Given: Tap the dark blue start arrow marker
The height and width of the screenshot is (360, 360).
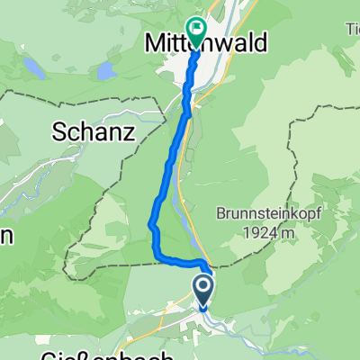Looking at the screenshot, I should (202, 290).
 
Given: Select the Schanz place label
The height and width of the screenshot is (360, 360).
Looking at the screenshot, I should (93, 132).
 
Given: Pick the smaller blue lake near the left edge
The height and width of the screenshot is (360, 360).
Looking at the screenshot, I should (33, 67).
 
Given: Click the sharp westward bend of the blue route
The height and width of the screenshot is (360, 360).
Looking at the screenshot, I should (150, 224).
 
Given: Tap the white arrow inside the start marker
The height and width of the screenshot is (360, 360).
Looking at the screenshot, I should (202, 289).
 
